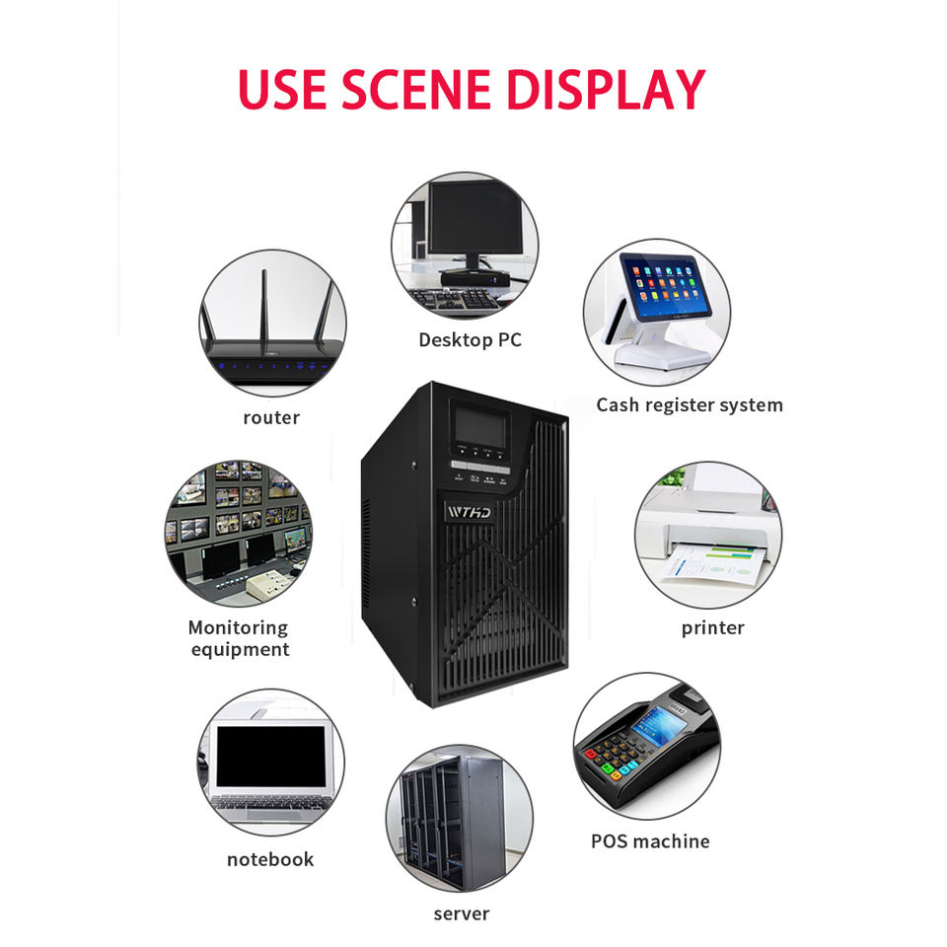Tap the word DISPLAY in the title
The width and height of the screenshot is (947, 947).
point(605,89)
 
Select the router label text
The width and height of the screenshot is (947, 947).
point(271,417)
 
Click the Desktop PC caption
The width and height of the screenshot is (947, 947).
point(470,340)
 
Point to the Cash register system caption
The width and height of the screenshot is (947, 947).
point(689,404)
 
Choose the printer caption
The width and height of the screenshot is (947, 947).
point(712,627)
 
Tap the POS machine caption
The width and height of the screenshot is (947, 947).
point(650,840)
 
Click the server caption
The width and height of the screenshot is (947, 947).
point(461,913)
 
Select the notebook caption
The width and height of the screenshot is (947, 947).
point(269,859)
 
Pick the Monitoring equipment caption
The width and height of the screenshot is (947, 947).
point(239,637)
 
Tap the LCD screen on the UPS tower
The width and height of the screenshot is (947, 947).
point(479,427)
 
